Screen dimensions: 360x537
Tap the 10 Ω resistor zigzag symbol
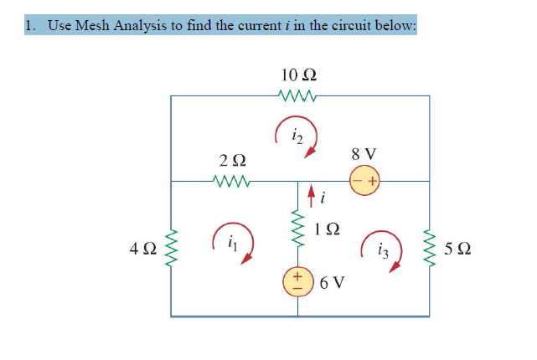click(x=300, y=96)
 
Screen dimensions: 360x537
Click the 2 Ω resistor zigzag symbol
click(x=232, y=181)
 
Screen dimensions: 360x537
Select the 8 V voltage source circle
click(x=364, y=181)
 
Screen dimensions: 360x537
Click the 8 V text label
click(x=364, y=154)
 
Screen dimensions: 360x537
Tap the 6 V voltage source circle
click(x=299, y=282)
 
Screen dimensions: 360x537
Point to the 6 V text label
click(x=333, y=282)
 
